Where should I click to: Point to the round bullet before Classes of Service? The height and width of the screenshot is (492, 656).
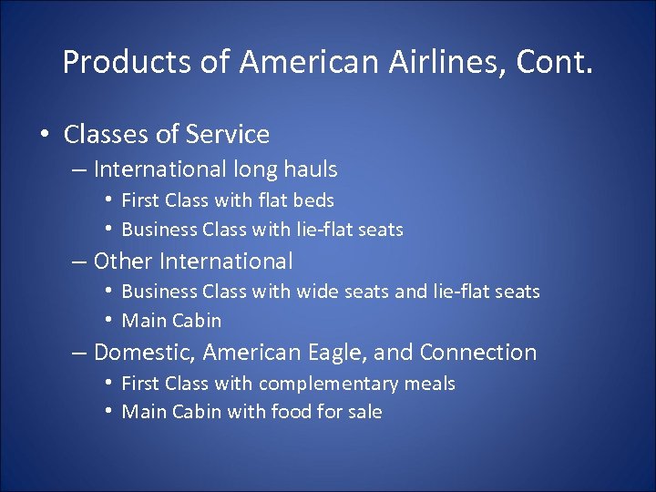coord(45,135)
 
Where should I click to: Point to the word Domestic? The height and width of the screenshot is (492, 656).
coord(144,353)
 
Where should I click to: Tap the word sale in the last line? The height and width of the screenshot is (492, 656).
coord(364,412)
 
